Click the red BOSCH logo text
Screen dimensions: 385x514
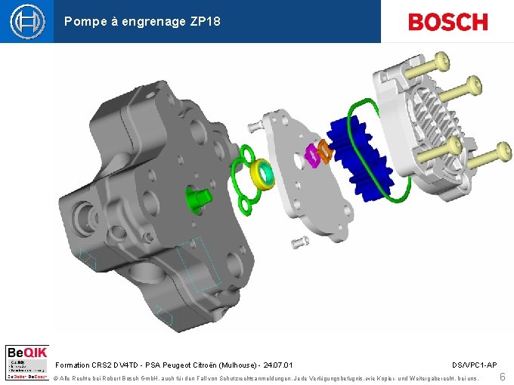[x=447, y=22]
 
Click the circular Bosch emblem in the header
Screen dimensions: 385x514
[x=27, y=21]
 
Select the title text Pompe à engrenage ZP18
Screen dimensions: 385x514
[x=142, y=22]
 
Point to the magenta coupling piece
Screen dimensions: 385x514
[x=311, y=156]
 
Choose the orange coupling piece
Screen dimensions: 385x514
[x=324, y=151]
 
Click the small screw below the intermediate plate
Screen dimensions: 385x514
[x=300, y=242]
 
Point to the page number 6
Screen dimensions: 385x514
[x=503, y=376]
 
